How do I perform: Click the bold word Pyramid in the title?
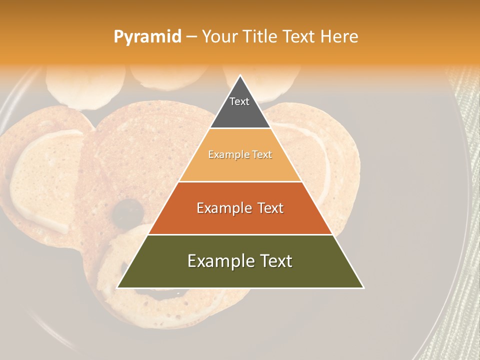coord(147,37)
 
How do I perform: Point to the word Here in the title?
coord(339,36)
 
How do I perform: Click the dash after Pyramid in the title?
coord(191,37)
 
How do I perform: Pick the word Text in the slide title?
coord(298,36)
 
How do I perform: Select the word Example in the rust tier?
coord(223,208)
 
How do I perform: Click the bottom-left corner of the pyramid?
coord(117,287)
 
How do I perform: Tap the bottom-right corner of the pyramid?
coord(363,287)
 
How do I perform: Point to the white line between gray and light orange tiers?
coord(240,128)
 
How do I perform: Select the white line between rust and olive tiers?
coord(240,234)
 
